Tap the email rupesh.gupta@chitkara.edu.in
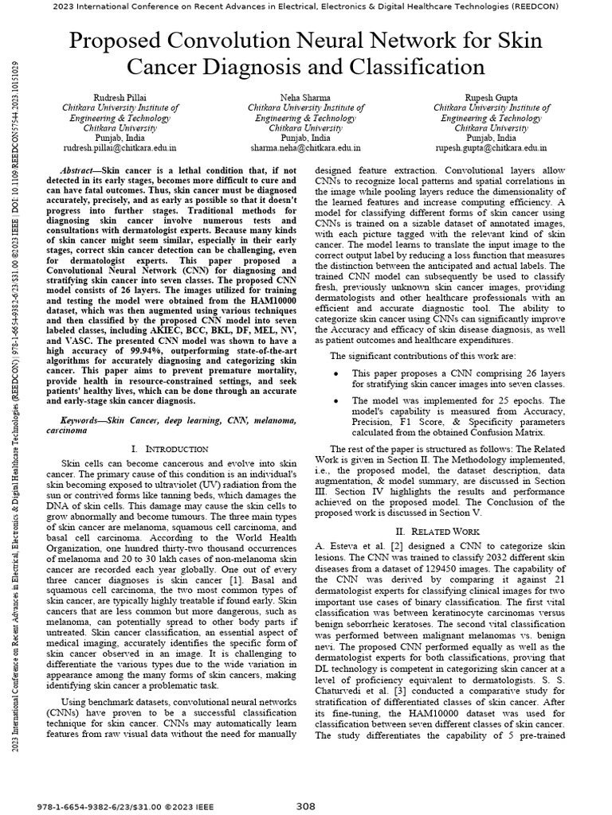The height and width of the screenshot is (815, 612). click(x=490, y=148)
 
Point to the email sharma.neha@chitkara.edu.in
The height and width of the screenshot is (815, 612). click(x=306, y=148)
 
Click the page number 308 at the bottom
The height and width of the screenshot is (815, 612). click(x=306, y=805)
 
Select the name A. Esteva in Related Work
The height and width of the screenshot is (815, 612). click(x=337, y=545)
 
